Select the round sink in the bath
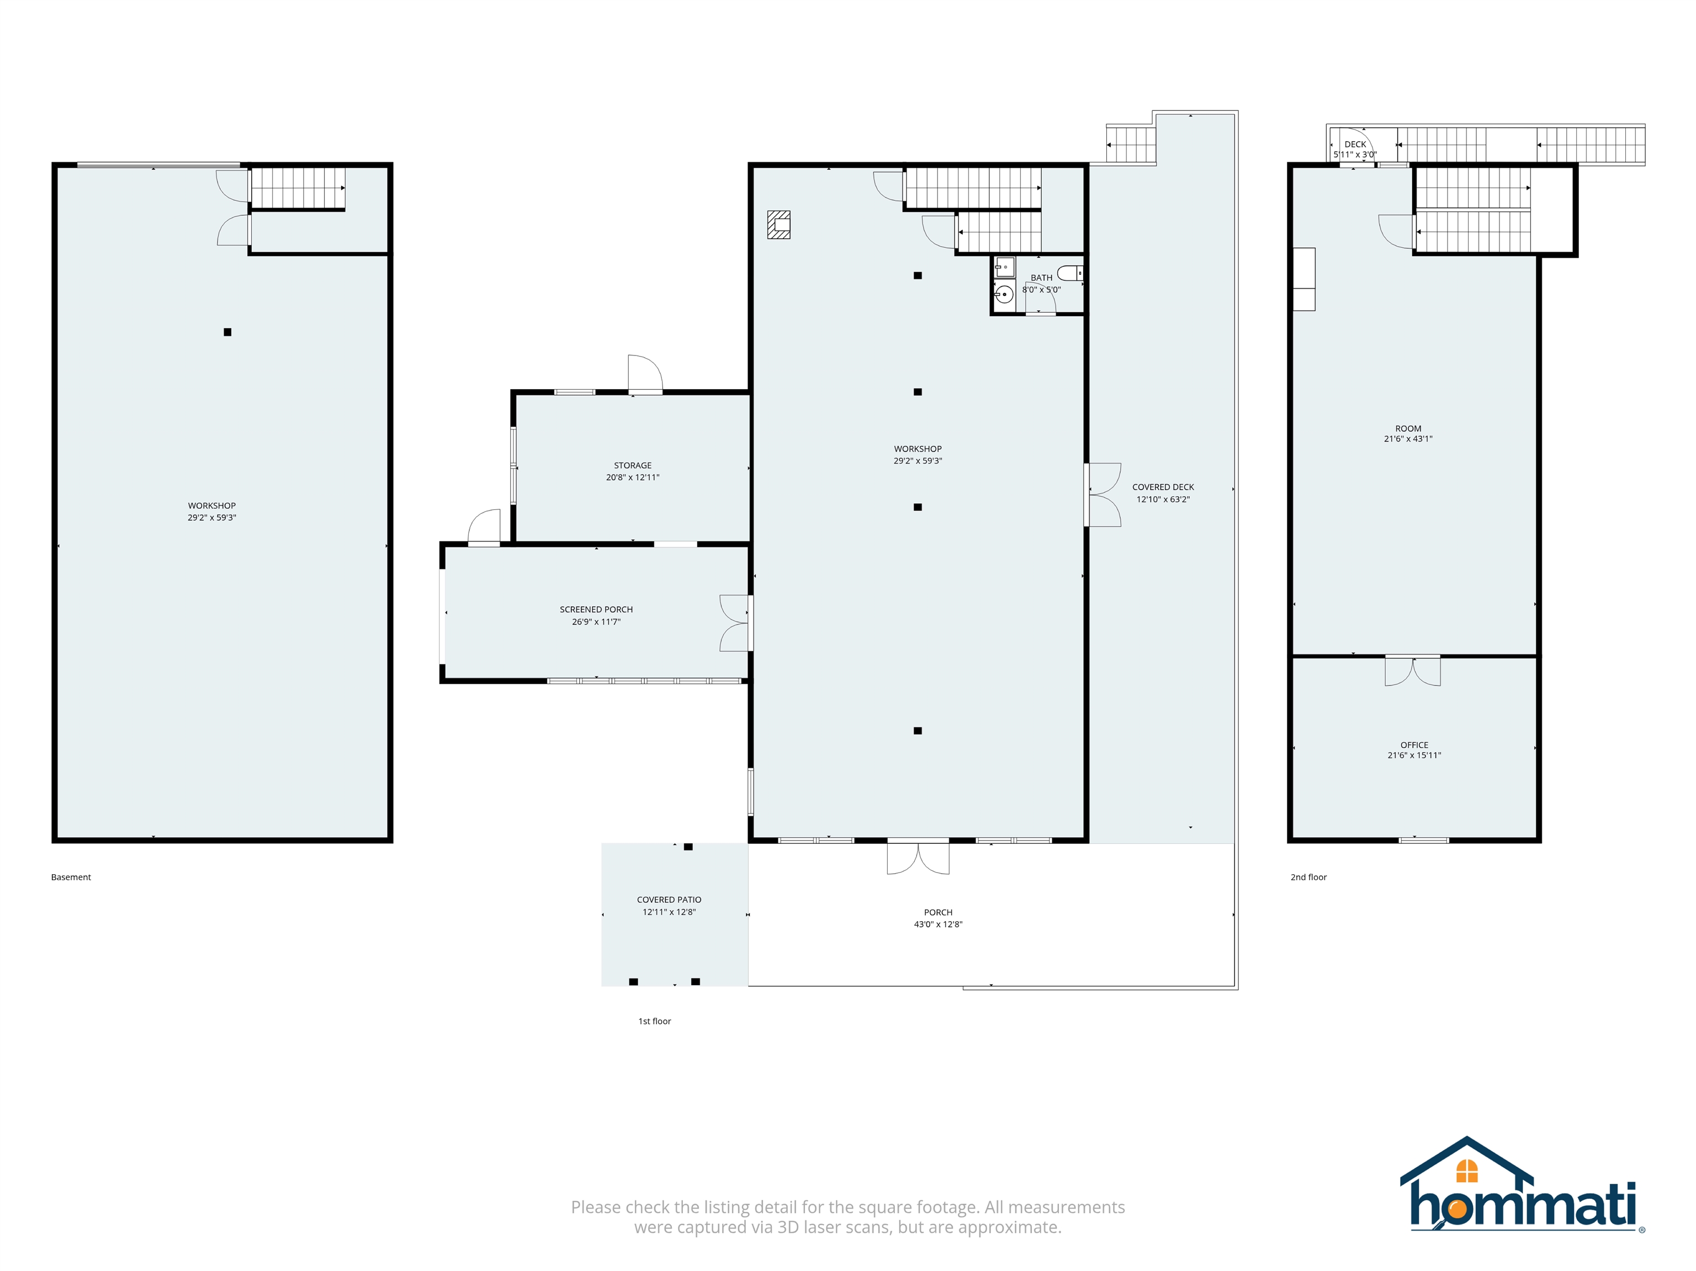tap(1004, 294)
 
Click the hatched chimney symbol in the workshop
tap(779, 225)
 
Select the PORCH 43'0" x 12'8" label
tap(937, 918)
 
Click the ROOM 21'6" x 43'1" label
tap(1408, 434)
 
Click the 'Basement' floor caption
tap(71, 877)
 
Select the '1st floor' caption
tap(655, 1021)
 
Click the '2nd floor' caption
tap(1309, 877)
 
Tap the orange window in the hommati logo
tap(1467, 1171)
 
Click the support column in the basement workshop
tap(227, 332)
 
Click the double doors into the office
tap(1412, 670)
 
